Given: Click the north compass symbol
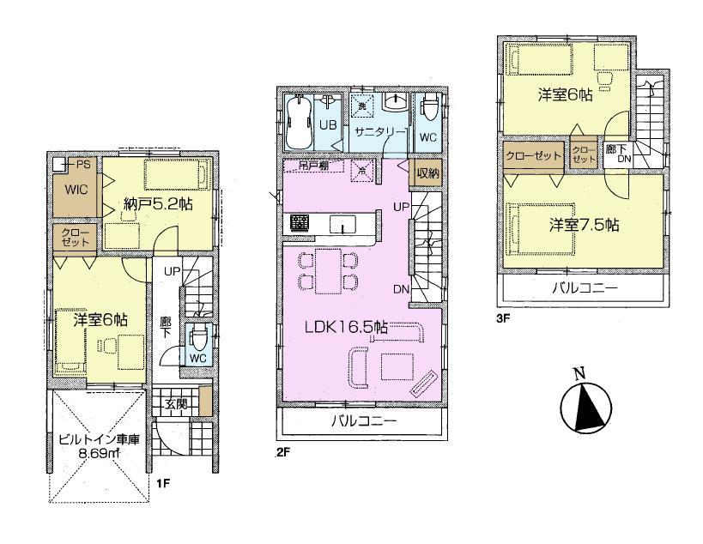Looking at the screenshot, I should click(x=587, y=402).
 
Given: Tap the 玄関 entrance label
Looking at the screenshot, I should click(x=174, y=402).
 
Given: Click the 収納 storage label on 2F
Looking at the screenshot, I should click(x=427, y=171).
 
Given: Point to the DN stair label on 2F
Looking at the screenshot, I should click(x=401, y=290).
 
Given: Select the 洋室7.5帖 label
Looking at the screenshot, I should click(x=584, y=225).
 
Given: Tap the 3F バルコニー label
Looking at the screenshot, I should click(x=584, y=288).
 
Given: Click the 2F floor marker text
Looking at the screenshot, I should click(x=282, y=450).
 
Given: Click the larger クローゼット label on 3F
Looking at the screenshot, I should click(x=533, y=155).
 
